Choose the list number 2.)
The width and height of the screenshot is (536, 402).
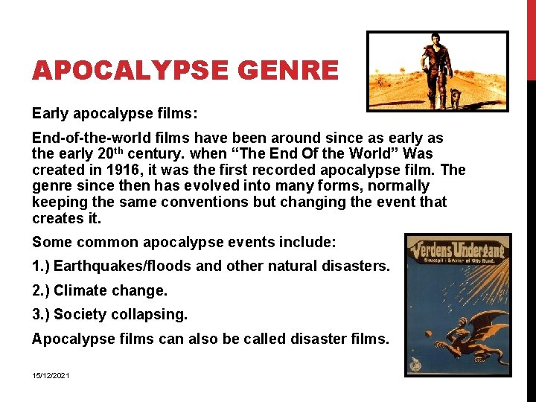tap(40, 290)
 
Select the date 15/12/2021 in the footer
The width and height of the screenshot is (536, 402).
tap(51, 376)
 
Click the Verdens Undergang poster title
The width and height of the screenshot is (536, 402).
tap(457, 246)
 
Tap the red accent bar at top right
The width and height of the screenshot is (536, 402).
tap(531, 37)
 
